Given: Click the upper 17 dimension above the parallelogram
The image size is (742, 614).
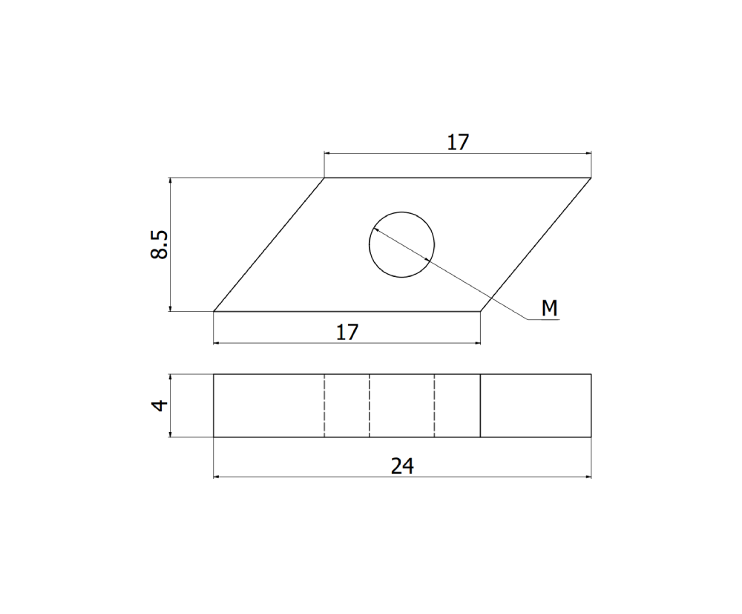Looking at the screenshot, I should (458, 142).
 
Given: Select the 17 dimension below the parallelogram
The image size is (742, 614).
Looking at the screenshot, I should (347, 332).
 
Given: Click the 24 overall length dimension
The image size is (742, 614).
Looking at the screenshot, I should (401, 466).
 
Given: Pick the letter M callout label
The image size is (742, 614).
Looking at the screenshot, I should (549, 308).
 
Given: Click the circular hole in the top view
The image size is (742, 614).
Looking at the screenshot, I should (401, 244).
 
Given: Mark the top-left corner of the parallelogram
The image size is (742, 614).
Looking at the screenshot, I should (324, 178).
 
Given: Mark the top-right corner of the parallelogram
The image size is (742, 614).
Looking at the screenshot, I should (591, 178).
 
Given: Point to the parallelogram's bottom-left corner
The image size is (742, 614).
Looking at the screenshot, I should (214, 311).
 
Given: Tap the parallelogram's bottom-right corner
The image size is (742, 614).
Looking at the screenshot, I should (480, 311).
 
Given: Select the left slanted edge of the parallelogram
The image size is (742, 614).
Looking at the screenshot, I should (269, 245).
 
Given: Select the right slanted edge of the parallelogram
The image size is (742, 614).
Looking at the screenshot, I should (536, 245).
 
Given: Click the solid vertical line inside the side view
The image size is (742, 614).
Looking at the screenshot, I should (480, 405).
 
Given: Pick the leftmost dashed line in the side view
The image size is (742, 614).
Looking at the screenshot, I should (324, 405).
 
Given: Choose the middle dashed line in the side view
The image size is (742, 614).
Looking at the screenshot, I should (370, 405).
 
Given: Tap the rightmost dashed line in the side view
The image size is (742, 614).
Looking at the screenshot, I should (434, 405).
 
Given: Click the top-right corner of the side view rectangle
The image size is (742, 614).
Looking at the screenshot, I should (591, 374).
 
